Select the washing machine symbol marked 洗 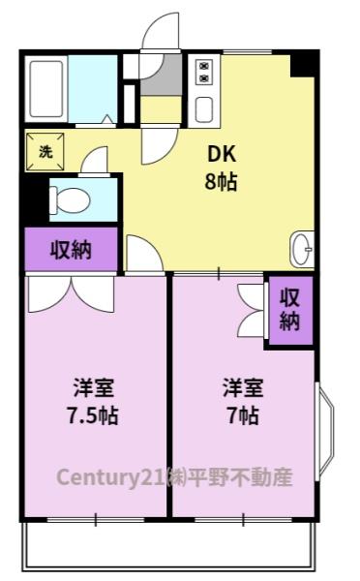coord(45,151)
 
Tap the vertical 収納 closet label coord(289,309)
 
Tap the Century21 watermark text coord(173,477)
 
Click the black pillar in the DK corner coord(305,63)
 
